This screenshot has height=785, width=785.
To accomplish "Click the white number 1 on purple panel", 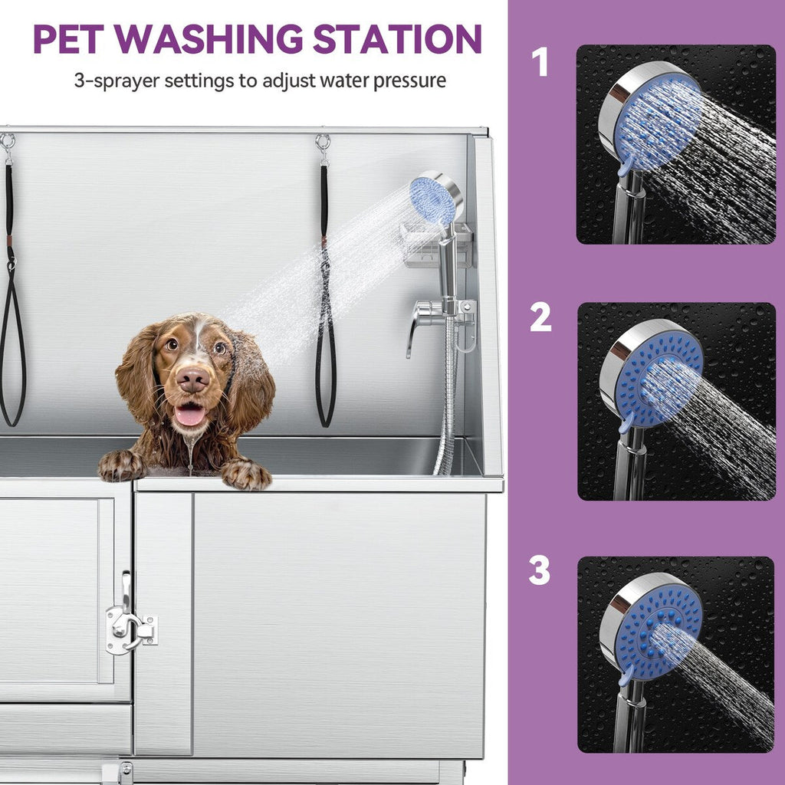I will (x=540, y=62).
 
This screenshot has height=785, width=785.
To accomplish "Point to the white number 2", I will (x=540, y=317).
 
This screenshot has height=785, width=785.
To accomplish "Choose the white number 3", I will (x=540, y=570).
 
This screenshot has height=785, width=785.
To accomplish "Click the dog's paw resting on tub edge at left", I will (x=121, y=465).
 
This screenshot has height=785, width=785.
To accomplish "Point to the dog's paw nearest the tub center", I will (x=246, y=475).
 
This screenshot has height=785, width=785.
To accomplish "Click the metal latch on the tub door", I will (x=130, y=624).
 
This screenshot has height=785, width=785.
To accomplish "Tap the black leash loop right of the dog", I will (x=326, y=353).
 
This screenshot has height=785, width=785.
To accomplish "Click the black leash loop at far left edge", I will (x=12, y=345).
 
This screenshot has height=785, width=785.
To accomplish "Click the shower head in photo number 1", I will (x=652, y=123).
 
